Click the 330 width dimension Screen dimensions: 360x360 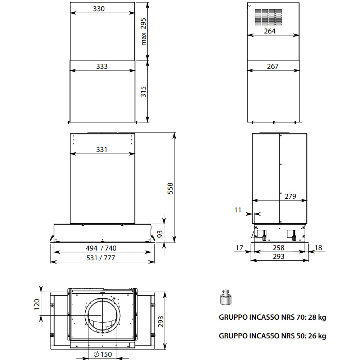tap(99, 9)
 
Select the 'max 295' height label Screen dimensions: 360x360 tap(144, 32)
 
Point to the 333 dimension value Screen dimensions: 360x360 tap(102, 66)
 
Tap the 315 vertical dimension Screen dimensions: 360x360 tap(144, 91)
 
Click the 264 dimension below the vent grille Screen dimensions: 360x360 tap(270, 31)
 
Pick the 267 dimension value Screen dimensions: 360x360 tap(273, 66)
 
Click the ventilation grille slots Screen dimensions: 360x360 tap(268, 17)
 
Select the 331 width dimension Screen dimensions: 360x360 tap(102, 149)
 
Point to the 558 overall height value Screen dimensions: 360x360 tap(170, 188)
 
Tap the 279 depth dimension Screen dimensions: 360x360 tap(291, 196)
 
